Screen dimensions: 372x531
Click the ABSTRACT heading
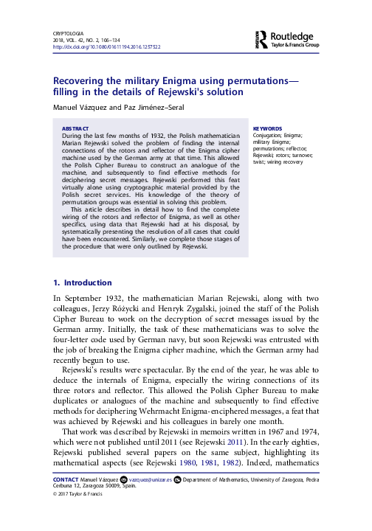point(75,128)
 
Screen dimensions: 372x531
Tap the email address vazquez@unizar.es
point(152,479)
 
